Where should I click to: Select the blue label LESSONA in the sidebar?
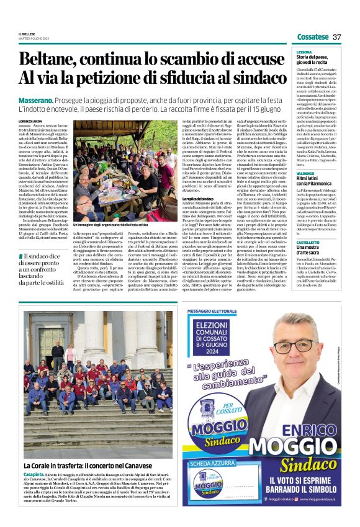tap(305, 52)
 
